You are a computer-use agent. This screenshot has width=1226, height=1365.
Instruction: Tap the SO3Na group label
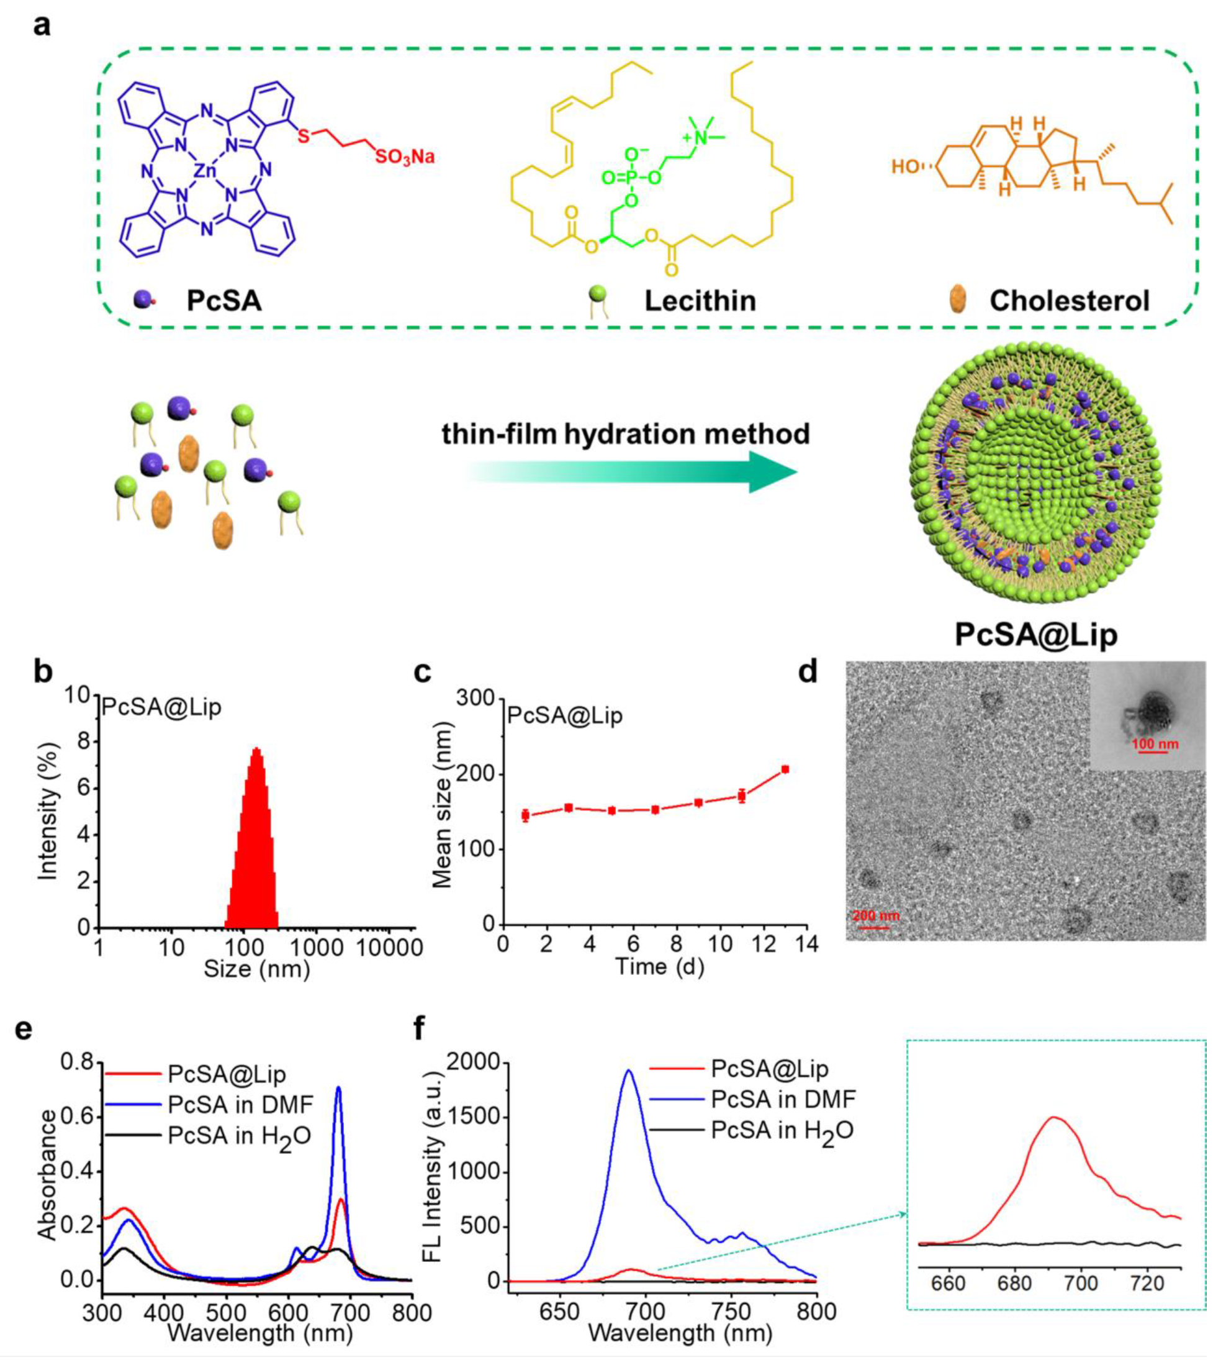click(404, 158)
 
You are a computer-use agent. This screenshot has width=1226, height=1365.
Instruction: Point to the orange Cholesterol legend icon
click(957, 299)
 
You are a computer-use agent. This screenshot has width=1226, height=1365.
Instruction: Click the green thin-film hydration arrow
click(633, 471)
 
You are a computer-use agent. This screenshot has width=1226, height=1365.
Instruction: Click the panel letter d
click(808, 672)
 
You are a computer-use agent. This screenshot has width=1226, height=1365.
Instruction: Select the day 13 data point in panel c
click(785, 769)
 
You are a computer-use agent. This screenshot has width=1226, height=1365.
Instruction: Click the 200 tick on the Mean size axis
click(476, 775)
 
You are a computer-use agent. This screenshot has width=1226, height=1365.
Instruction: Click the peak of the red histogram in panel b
click(256, 750)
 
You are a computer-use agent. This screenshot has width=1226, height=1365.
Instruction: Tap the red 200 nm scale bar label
click(876, 915)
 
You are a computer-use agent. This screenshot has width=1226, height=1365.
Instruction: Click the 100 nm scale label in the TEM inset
click(1155, 744)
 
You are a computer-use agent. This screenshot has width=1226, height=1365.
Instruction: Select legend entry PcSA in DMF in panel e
click(240, 1104)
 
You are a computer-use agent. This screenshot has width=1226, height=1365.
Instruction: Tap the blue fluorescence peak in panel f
click(629, 1071)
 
